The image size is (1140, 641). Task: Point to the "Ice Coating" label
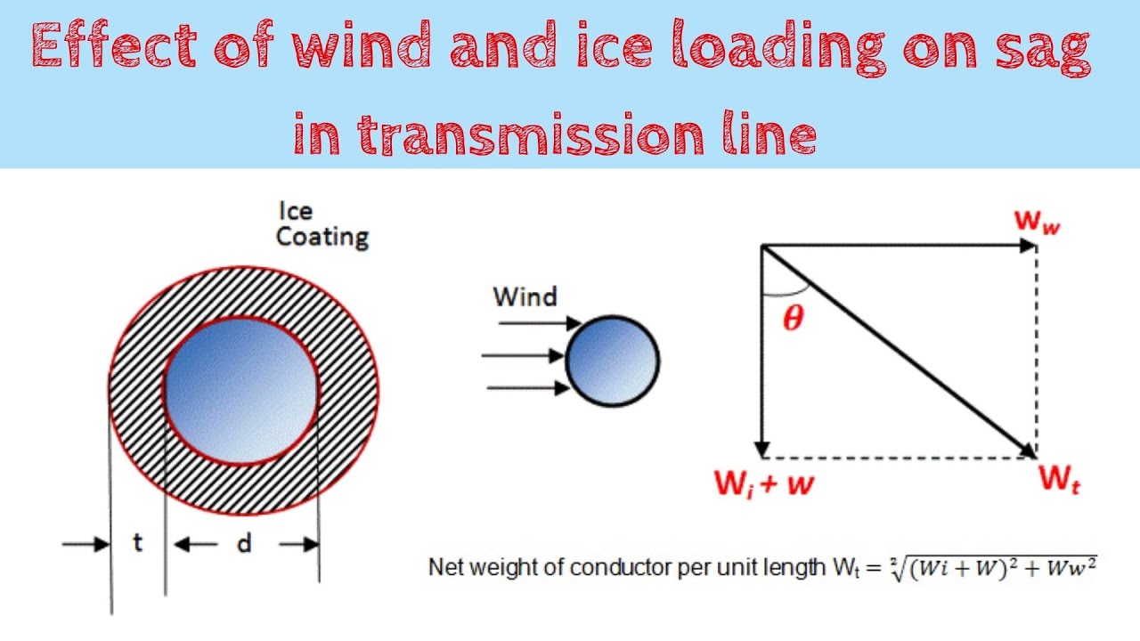[321, 224]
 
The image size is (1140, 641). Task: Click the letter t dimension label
[137, 543]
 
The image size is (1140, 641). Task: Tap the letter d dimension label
[244, 543]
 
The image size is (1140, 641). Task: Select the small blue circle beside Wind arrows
[613, 361]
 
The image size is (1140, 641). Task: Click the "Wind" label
[525, 296]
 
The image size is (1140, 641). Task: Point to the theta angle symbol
[792, 318]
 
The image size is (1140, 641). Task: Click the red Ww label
[1038, 222]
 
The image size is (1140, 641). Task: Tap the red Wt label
[1060, 480]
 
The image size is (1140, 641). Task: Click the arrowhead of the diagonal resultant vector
[1029, 451]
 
